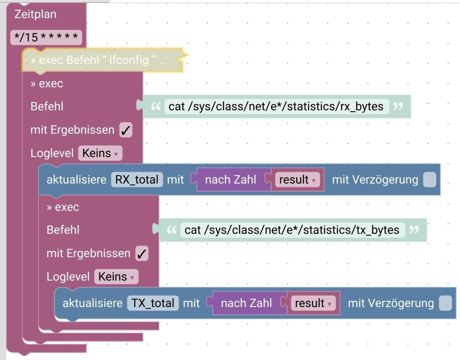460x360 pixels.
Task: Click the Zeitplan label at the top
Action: (35, 14)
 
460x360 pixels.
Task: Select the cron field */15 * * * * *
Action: (46, 37)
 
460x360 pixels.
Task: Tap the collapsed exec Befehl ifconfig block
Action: (99, 60)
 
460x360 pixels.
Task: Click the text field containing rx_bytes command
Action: (276, 106)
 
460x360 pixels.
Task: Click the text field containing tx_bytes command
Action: (292, 230)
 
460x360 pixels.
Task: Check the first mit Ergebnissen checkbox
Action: (126, 130)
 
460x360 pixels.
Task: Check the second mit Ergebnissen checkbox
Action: (142, 254)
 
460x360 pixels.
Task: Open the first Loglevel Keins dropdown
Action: (100, 153)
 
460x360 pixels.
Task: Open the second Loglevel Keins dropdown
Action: (116, 277)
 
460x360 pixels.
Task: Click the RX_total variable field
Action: (137, 180)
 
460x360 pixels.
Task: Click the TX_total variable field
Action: (153, 303)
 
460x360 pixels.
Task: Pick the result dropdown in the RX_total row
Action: (297, 180)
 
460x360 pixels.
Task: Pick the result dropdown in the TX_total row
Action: (313, 303)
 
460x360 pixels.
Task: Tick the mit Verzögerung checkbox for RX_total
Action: (429, 180)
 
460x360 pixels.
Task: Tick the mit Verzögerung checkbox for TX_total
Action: (445, 303)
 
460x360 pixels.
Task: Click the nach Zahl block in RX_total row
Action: (230, 180)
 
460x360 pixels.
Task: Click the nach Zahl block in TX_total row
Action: (246, 303)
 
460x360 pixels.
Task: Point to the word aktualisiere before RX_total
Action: (76, 180)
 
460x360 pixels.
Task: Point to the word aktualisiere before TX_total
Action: (92, 303)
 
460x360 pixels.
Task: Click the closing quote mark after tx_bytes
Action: (414, 229)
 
